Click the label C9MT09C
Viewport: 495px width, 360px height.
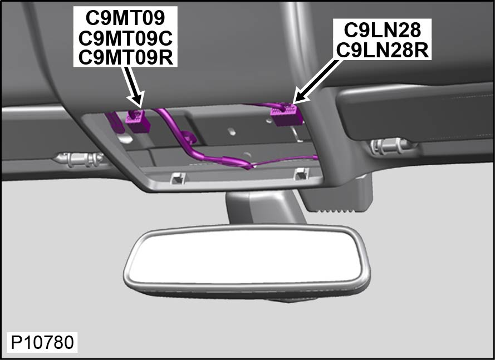[x=125, y=38]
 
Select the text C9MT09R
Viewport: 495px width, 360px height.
[x=126, y=57]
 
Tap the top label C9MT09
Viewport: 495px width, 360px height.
[x=125, y=18]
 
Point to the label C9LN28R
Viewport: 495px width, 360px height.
[x=383, y=50]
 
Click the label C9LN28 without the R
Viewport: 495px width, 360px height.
[x=383, y=30]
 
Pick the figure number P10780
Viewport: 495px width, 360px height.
[x=43, y=342]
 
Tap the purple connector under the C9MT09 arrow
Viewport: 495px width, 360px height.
[x=138, y=121]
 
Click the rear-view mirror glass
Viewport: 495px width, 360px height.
[x=247, y=256]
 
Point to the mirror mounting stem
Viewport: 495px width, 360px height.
[x=264, y=206]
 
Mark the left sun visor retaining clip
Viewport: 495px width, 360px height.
[x=79, y=159]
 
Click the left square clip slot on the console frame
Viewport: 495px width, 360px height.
[x=177, y=179]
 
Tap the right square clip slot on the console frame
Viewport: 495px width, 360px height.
[x=301, y=174]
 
